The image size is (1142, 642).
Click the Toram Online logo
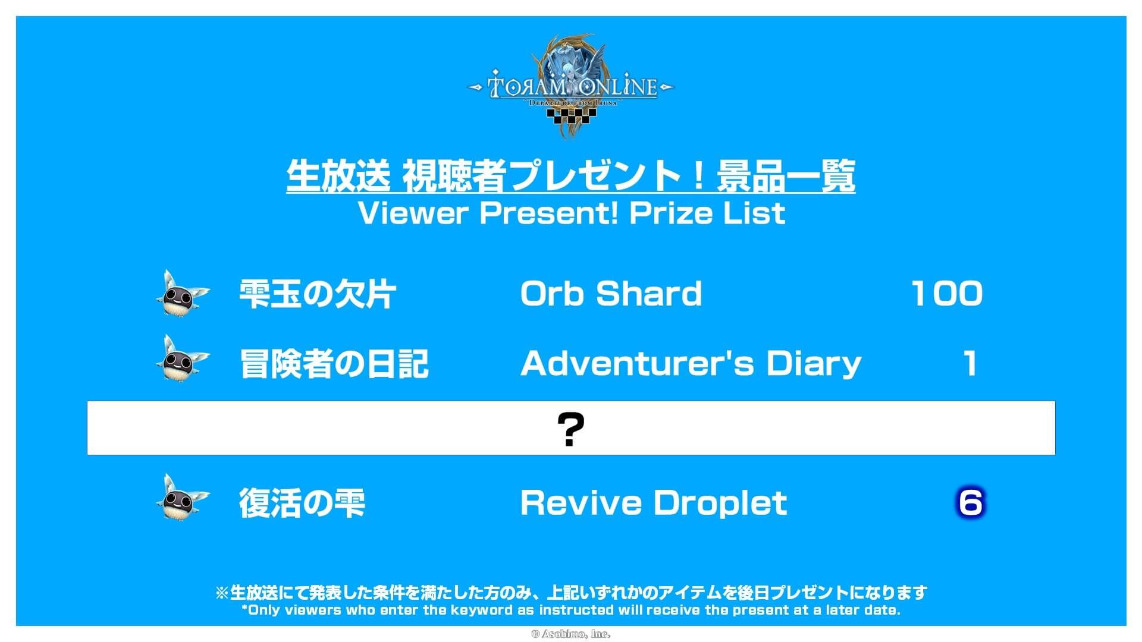tap(571, 86)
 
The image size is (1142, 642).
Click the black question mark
tap(570, 429)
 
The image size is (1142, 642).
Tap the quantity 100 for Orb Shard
tap(947, 294)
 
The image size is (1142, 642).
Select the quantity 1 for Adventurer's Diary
tap(970, 363)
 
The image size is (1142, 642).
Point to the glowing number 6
tap(970, 503)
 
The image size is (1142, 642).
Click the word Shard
tap(649, 293)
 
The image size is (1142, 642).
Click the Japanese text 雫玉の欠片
tap(317, 294)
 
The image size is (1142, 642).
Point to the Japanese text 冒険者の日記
tap(334, 363)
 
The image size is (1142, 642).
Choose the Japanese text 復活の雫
tap(302, 503)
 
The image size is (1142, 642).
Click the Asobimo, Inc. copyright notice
tap(570, 634)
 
